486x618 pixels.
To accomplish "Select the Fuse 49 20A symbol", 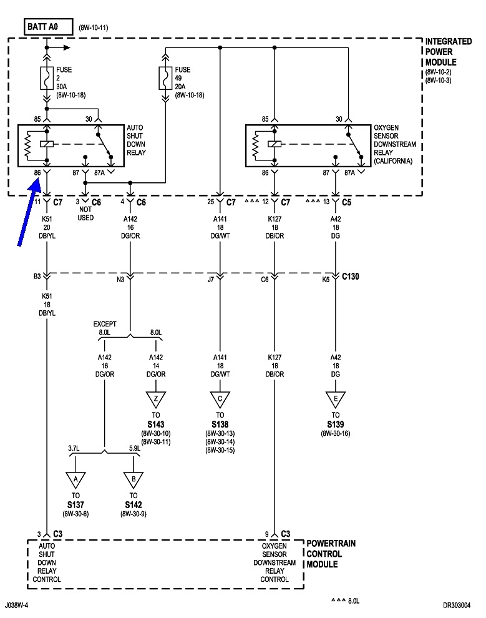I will coord(165,77).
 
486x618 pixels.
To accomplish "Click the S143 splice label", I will coord(155,424).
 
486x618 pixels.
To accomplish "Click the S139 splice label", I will coord(336,424).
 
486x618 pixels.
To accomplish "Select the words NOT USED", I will coord(85,213).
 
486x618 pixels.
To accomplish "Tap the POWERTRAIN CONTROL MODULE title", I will coord(331,554).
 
